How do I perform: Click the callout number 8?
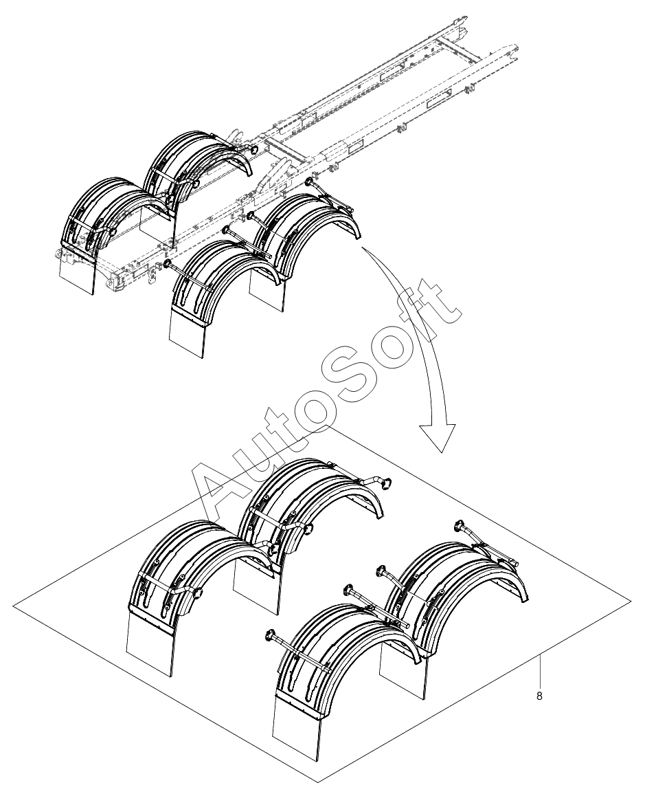(x=539, y=696)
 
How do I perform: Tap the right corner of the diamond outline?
(x=631, y=600)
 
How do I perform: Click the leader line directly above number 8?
(x=539, y=672)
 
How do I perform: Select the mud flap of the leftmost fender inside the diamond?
(x=150, y=642)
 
